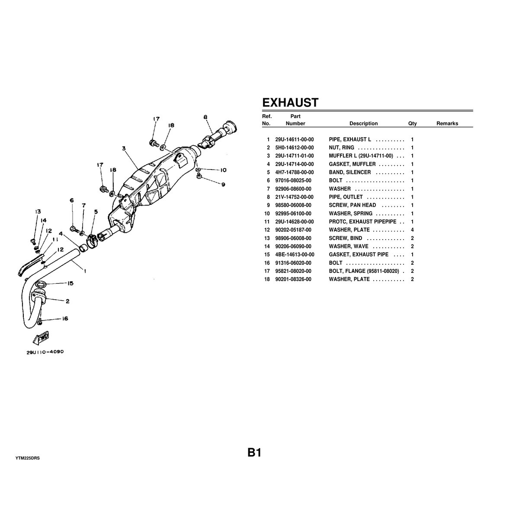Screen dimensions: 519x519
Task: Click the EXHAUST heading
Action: pyautogui.click(x=290, y=103)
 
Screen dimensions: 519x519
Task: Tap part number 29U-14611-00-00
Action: pyautogui.click(x=295, y=140)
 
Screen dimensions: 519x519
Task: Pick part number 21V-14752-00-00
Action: pyautogui.click(x=295, y=197)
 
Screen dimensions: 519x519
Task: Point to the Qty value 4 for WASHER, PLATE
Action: pyautogui.click(x=412, y=230)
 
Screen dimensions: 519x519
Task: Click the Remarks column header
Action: pyautogui.click(x=447, y=123)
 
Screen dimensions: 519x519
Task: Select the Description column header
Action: pyautogui.click(x=363, y=123)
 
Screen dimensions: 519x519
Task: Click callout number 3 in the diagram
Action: pyautogui.click(x=124, y=148)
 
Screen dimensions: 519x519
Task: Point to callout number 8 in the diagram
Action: pyautogui.click(x=205, y=117)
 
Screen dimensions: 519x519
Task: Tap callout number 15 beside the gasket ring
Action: pyautogui.click(x=70, y=283)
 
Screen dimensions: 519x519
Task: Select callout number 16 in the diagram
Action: pyautogui.click(x=65, y=319)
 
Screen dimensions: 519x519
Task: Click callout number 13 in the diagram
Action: pyautogui.click(x=38, y=211)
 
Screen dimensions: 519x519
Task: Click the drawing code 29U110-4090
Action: pyautogui.click(x=45, y=352)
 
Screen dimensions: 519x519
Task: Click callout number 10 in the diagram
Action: pyautogui.click(x=223, y=170)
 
